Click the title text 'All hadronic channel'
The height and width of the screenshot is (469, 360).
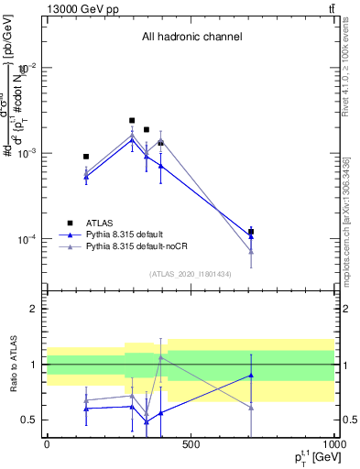[x=191, y=37]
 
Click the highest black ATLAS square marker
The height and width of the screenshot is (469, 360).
[x=132, y=120]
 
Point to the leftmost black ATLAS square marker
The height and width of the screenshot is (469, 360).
[x=86, y=157]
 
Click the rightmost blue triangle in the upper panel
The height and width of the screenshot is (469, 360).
[x=251, y=236]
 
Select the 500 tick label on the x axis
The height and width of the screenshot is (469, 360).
[x=191, y=445]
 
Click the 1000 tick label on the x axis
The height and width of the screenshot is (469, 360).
[x=333, y=445]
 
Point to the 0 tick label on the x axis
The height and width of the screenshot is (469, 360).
[x=47, y=445]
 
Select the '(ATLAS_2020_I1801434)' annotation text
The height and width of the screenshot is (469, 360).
[x=191, y=274]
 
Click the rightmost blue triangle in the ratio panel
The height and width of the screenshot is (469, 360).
[x=251, y=375]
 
